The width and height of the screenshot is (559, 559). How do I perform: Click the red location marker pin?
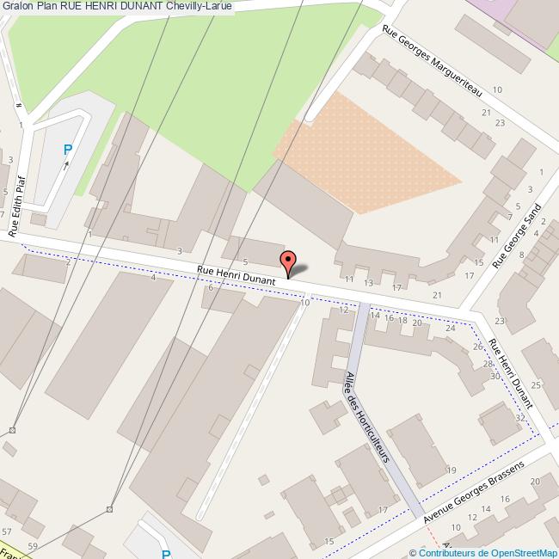pos(288,262)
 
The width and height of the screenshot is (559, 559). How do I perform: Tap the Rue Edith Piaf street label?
pos(16,207)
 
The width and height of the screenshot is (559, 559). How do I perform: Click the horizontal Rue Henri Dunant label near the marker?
pos(236,274)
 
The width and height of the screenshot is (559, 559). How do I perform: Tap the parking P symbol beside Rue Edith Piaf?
pos(68,150)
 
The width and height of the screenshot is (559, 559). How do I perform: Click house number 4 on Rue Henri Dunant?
pos(153,277)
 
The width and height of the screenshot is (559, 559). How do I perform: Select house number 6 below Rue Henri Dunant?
pos(211,287)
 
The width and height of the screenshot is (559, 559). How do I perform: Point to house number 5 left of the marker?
pos(245,261)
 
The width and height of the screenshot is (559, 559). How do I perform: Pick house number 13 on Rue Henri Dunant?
pos(368,283)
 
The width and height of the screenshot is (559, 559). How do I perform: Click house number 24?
pos(450,329)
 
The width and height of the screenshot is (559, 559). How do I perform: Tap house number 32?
pos(519,418)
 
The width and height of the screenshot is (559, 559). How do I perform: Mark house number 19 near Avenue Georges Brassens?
pos(451,470)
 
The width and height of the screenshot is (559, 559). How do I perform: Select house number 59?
pos(33,546)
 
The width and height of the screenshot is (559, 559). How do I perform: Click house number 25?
pos(535,384)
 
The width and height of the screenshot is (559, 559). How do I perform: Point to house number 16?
pos(388,317)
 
